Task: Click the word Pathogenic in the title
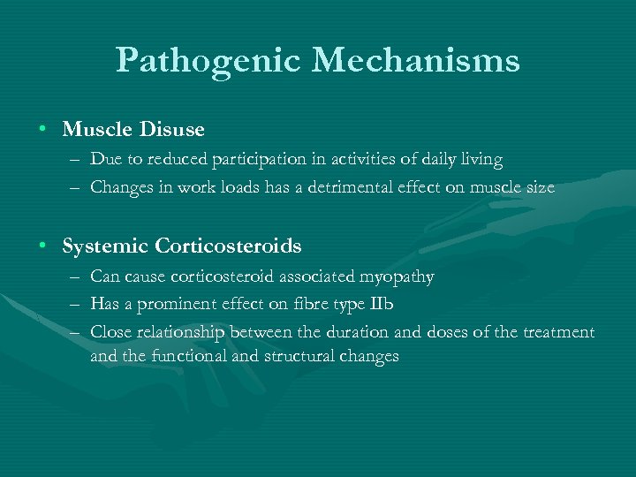[x=209, y=61]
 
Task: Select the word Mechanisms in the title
[x=415, y=61]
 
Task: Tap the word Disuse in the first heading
[x=170, y=130]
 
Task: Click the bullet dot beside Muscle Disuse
[x=42, y=130]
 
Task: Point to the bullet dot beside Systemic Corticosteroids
[x=42, y=246]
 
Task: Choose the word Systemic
[x=105, y=246]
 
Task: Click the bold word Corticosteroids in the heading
[x=227, y=246]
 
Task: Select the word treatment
[x=559, y=331]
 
